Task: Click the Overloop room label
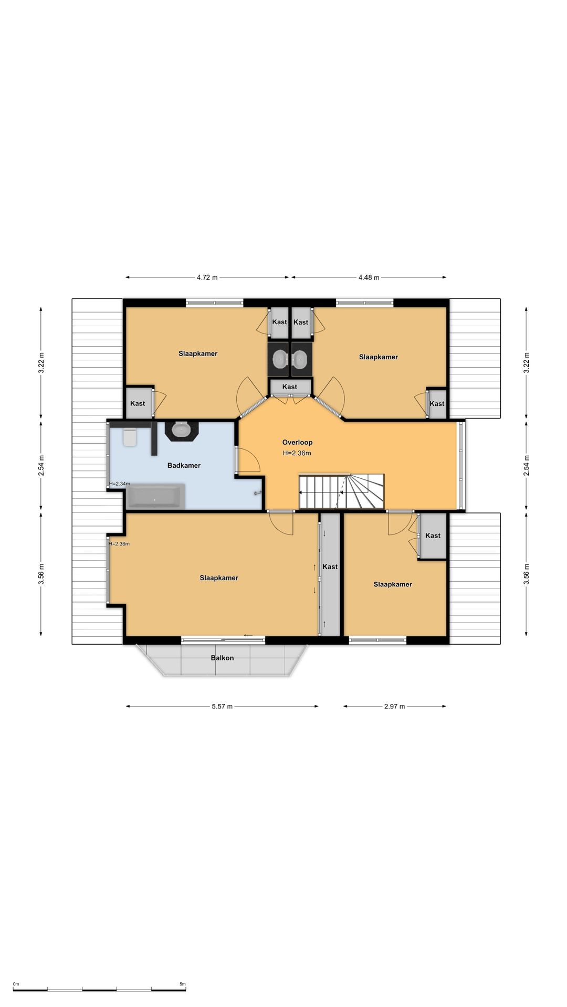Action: click(297, 442)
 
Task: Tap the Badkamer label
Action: click(184, 465)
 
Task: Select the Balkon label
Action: click(222, 658)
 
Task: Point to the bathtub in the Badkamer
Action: click(156, 497)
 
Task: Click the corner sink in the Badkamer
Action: click(182, 430)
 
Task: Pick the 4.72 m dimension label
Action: click(207, 277)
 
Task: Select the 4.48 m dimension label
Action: click(369, 277)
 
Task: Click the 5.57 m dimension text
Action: click(222, 706)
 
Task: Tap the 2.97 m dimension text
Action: click(394, 706)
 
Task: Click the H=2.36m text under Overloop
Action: click(297, 453)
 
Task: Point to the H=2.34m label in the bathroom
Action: click(120, 484)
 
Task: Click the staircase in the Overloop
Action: click(342, 491)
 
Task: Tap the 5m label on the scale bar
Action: click(183, 984)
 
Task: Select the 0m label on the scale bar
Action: click(16, 984)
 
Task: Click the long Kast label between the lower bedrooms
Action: click(330, 566)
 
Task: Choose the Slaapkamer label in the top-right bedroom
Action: click(379, 357)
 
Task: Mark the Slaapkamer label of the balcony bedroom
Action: click(219, 578)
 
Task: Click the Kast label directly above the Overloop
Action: click(290, 387)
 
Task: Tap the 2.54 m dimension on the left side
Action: click(41, 466)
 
